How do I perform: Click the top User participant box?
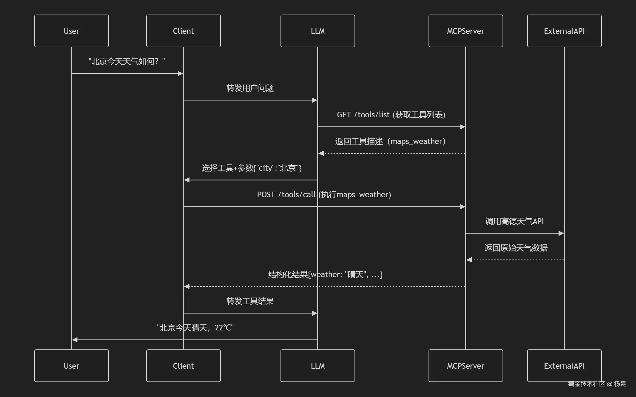[x=72, y=31]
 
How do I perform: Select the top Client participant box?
[x=183, y=31]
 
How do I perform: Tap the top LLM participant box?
[x=318, y=31]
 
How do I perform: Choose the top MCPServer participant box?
[x=466, y=31]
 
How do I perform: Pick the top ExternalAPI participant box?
[x=564, y=31]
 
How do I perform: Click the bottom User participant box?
[x=72, y=366]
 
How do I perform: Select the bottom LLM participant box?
[x=318, y=366]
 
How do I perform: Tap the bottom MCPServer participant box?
[x=466, y=366]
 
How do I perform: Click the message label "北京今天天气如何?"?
[x=127, y=61]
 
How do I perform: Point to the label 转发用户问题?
[x=250, y=88]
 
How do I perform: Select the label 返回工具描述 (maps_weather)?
[x=390, y=142]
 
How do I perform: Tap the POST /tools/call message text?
[x=324, y=195]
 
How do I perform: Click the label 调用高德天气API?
[x=514, y=221]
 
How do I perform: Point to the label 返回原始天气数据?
[x=516, y=248]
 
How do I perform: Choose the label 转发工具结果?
[x=250, y=301]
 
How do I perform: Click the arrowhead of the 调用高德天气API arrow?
[x=561, y=233]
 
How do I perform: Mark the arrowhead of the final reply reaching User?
[x=75, y=340]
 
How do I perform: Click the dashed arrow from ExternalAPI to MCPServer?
[x=515, y=260]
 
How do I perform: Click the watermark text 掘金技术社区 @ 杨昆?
[x=597, y=384]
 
